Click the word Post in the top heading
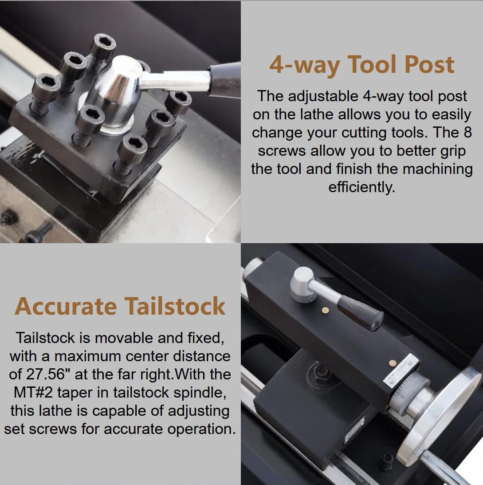tap(429, 64)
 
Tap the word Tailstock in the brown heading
tap(175, 306)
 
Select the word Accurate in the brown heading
tap(66, 306)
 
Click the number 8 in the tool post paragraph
tap(467, 132)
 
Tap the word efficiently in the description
tap(362, 187)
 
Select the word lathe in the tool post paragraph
tap(317, 114)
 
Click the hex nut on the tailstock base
tap(322, 371)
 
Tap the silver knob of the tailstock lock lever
tap(303, 284)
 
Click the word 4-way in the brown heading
tap(305, 65)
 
